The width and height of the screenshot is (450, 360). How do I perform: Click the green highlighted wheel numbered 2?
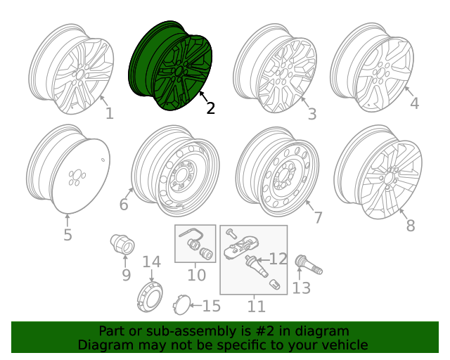171,67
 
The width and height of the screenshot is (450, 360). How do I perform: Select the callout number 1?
109,113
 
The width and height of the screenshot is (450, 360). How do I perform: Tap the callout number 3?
311,113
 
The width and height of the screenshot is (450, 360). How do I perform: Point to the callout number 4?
414,103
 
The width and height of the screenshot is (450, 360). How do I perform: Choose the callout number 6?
124,205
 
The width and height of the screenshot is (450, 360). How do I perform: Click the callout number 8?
411,225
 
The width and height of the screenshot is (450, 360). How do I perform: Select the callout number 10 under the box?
196,275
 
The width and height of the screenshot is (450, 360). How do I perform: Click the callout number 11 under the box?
256,306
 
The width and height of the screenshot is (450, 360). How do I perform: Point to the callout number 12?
278,259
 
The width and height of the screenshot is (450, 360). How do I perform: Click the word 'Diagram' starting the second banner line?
105,345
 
